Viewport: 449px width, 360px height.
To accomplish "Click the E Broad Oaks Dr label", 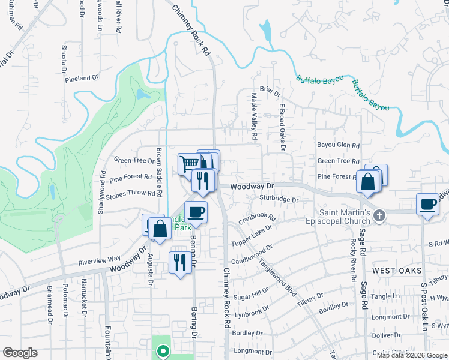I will [282, 127].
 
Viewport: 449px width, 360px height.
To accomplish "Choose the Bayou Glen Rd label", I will [338, 145].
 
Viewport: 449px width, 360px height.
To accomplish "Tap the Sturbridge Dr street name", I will [279, 199].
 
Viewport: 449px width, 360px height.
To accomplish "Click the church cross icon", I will [379, 217].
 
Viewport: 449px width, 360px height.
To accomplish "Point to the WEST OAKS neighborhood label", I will [393, 271].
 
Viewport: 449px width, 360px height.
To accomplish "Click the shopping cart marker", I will [188, 163].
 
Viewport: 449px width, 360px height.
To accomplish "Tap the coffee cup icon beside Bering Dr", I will [196, 211].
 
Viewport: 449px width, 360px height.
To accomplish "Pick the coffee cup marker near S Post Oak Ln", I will [428, 204].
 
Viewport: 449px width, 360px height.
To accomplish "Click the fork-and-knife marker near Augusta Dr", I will [180, 262].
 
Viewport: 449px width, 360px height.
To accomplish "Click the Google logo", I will [20, 353].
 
